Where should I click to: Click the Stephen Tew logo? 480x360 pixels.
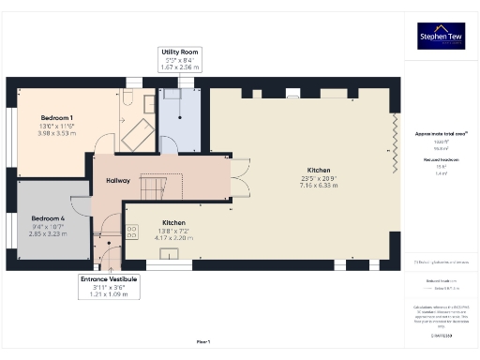click(x=441, y=37)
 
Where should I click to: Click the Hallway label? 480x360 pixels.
click(x=118, y=180)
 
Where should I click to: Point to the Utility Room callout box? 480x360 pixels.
click(x=181, y=59)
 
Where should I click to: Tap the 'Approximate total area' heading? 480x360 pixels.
click(x=441, y=134)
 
